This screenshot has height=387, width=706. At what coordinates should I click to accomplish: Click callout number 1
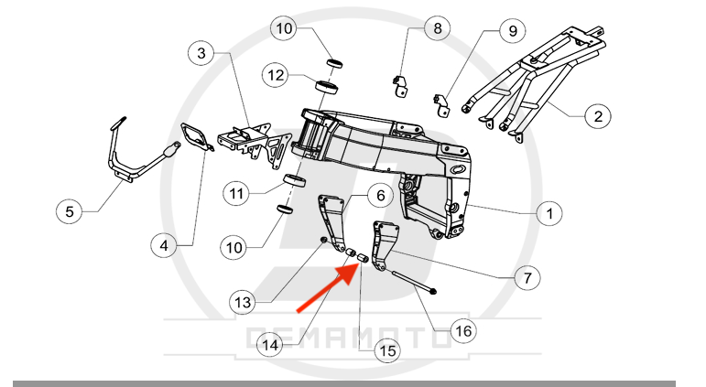point(549,213)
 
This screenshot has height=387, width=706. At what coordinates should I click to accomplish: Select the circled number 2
point(598,116)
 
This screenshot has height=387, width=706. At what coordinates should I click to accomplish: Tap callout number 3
point(201,53)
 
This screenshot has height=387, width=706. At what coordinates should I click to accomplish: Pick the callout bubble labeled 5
point(70,211)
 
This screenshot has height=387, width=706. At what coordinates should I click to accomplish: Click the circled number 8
point(437,28)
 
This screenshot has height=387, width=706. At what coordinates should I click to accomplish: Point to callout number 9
point(513,31)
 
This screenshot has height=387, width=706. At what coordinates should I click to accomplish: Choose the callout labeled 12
point(276,75)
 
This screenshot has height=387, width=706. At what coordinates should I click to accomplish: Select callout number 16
point(463,331)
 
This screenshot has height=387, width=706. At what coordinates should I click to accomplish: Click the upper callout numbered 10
point(284,28)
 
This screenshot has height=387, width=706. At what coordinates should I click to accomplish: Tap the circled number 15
point(387,350)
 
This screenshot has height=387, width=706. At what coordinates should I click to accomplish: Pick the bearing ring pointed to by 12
point(327,86)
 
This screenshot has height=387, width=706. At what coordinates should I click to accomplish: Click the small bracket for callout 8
point(400,86)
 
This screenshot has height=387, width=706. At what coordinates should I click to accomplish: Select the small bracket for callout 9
point(442,105)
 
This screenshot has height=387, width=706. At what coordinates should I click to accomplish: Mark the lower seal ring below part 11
point(285,210)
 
